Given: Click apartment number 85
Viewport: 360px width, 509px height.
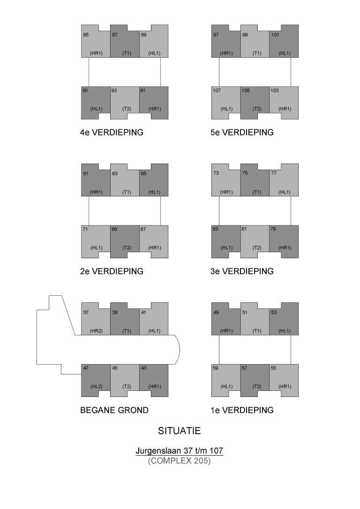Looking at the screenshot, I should (x=86, y=35).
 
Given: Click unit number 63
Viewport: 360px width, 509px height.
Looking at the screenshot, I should (x=114, y=173).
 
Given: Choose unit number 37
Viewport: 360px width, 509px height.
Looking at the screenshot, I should (x=86, y=312).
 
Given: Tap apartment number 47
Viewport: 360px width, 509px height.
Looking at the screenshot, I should (x=86, y=368).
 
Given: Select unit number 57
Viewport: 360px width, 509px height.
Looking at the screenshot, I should (x=245, y=368).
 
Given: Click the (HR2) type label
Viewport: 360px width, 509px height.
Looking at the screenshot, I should (x=96, y=331).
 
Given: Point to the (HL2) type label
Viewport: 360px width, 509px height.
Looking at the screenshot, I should (x=96, y=387).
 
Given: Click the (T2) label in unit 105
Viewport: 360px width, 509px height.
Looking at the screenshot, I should (x=257, y=109).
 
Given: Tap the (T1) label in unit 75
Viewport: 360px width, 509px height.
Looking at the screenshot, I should (x=257, y=192).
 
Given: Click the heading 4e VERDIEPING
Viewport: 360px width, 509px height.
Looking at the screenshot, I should (x=112, y=133).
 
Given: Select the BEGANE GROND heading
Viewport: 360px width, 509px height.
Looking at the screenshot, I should (x=114, y=410).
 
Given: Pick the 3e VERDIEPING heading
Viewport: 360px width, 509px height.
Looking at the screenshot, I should (x=242, y=271).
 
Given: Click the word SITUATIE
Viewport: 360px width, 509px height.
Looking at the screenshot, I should (x=180, y=430).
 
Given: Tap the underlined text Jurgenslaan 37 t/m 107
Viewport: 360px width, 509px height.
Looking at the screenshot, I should (x=179, y=451).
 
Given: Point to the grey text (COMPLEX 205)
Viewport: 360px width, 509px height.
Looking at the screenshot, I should (x=179, y=461).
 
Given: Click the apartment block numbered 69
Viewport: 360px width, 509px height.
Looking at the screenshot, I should (x=125, y=242).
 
